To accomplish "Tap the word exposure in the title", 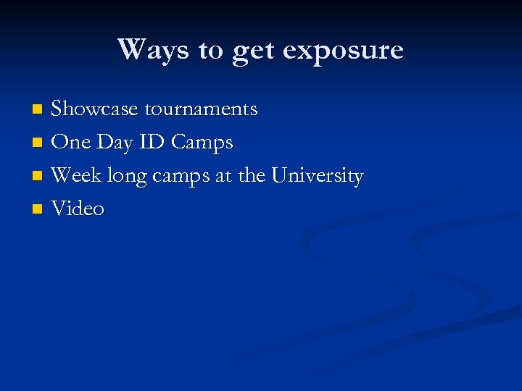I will [343, 50].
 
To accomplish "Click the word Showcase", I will [96, 109].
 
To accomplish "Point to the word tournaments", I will [202, 109].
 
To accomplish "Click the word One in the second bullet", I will [71, 143].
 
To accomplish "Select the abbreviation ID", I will [152, 143].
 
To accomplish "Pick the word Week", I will [77, 176].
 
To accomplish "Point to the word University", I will [318, 176].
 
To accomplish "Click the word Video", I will [78, 209].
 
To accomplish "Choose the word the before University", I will [251, 176].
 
